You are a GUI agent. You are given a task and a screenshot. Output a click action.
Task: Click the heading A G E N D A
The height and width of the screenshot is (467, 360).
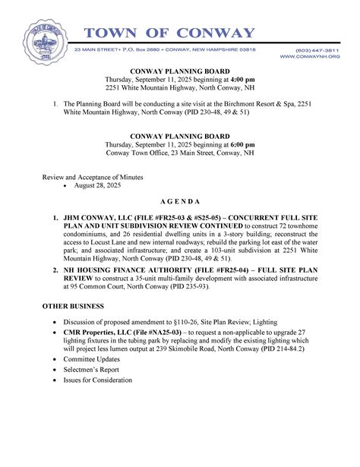pos(181,202)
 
